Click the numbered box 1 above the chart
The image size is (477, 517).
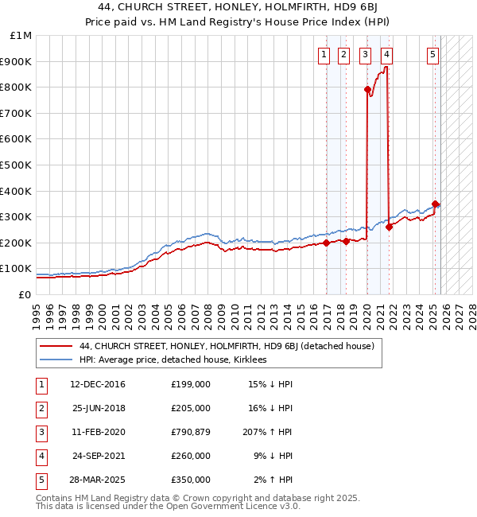(325, 55)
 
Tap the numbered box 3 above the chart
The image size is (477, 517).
(365, 55)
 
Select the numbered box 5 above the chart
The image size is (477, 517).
(432, 55)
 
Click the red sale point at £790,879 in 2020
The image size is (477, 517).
(367, 90)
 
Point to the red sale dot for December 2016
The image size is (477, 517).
(326, 243)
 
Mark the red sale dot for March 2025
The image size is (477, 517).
(435, 204)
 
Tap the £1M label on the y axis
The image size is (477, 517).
(21, 36)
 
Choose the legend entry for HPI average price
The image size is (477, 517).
(173, 360)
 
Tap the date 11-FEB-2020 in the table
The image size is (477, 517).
(98, 433)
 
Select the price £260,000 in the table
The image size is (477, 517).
(190, 457)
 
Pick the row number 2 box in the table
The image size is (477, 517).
(41, 409)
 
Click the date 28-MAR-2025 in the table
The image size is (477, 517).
(98, 480)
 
